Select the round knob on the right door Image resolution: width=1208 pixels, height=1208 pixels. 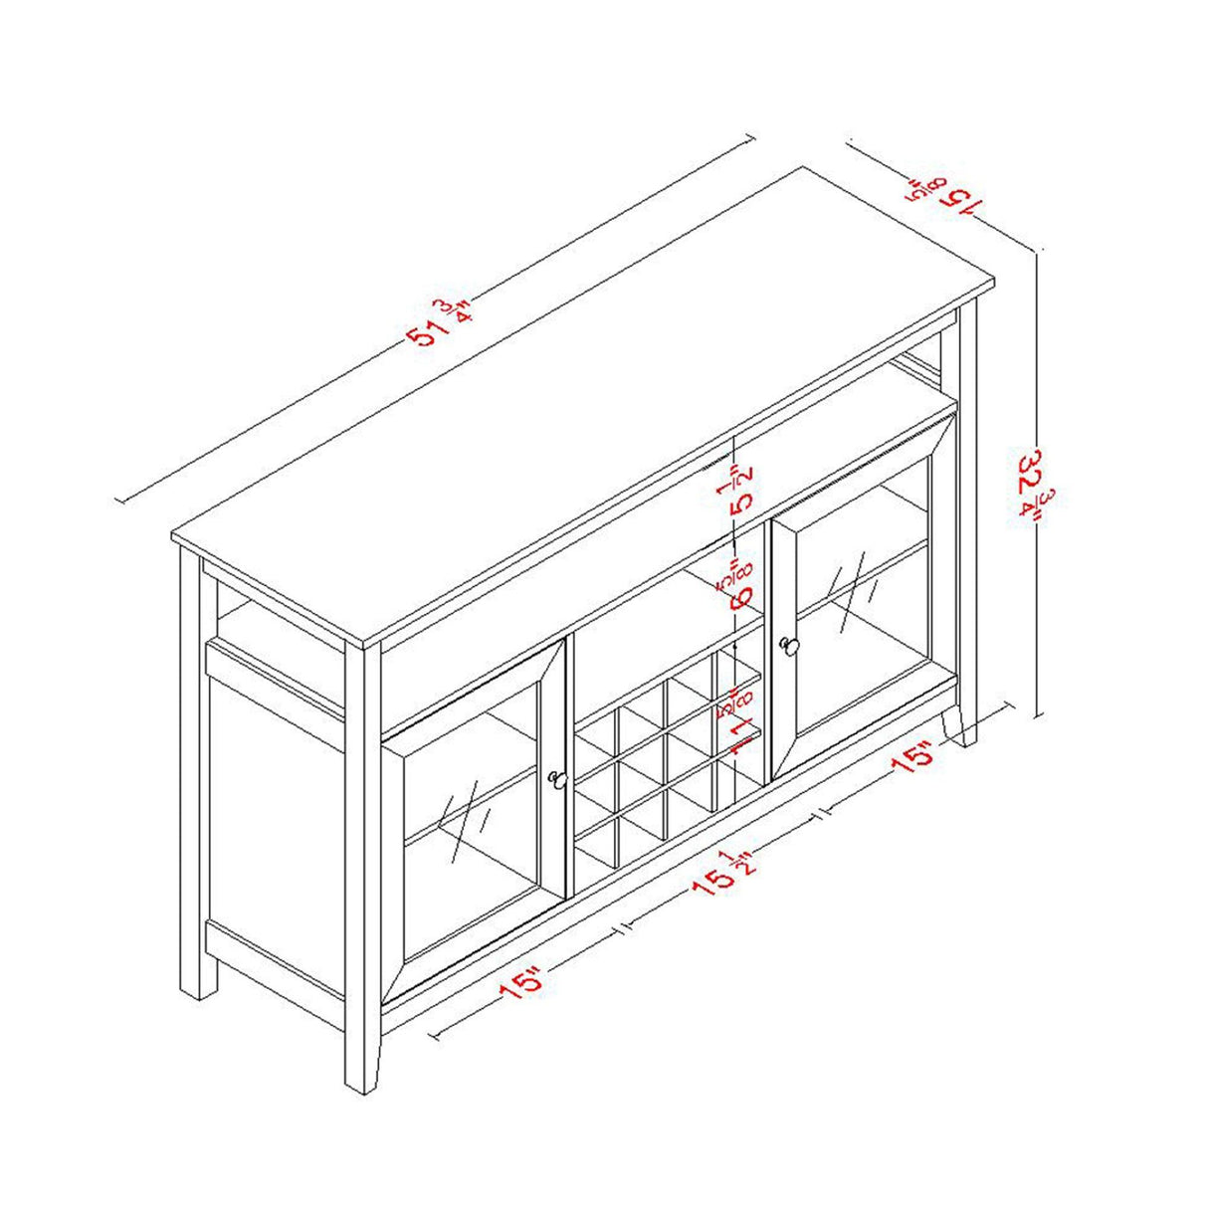click(x=791, y=647)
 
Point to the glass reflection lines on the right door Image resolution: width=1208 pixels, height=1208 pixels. click(x=853, y=589)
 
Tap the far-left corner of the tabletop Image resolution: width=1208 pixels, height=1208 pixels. click(x=173, y=538)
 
